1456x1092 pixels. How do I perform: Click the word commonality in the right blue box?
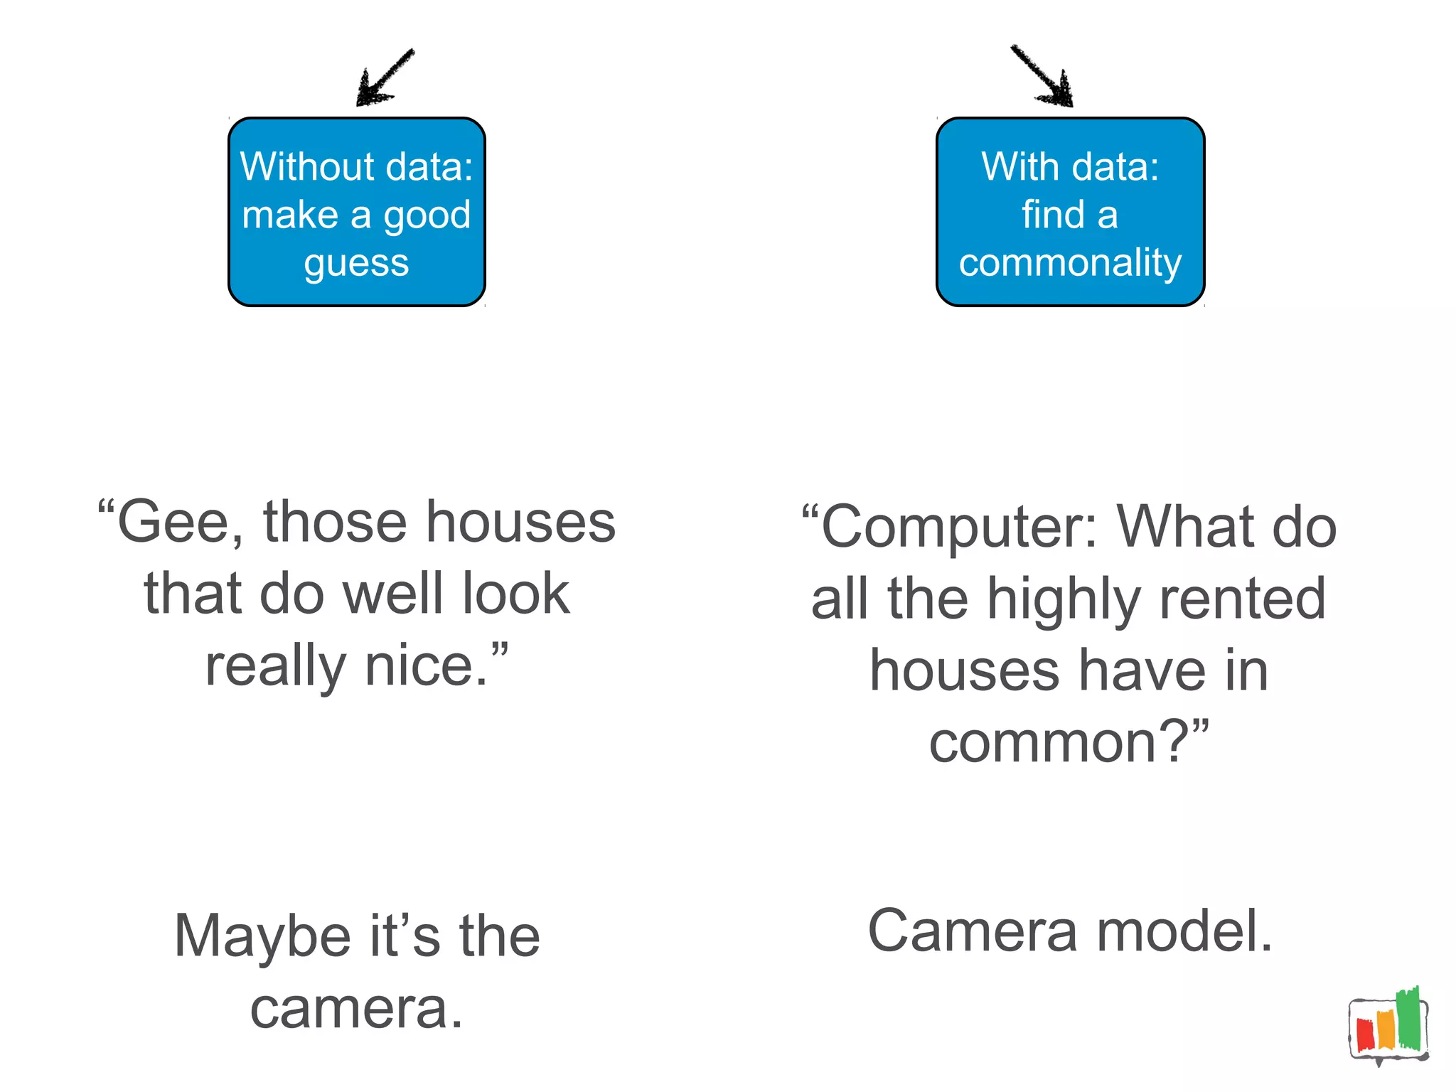point(1070,263)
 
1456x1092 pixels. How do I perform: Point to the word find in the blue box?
point(1053,214)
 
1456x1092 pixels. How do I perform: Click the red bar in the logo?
point(1365,1035)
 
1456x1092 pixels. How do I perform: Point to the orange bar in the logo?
point(1386,1030)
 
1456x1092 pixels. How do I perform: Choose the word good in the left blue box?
point(427,215)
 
